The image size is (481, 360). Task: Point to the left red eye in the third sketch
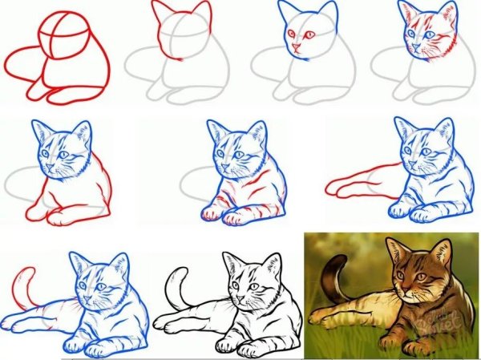coord(290,34)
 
